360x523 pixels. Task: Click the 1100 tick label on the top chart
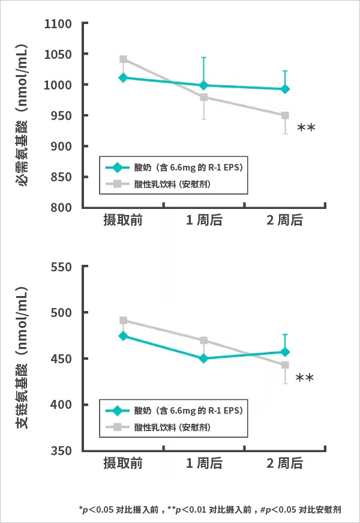59,24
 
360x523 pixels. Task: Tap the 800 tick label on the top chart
62,208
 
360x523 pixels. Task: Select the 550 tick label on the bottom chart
62,267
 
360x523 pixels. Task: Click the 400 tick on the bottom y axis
62,405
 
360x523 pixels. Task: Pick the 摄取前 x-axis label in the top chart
122,221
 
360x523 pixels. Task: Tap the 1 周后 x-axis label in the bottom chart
204,464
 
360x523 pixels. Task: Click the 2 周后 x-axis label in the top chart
285,221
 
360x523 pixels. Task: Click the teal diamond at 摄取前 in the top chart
123,77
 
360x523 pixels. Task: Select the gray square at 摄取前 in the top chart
123,59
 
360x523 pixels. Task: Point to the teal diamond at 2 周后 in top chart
285,89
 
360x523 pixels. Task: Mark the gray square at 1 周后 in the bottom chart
204,340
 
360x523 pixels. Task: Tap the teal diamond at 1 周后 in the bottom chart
204,358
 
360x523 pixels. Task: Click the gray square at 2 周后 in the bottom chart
285,365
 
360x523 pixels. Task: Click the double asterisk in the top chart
306,127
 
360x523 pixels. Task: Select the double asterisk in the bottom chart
304,378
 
